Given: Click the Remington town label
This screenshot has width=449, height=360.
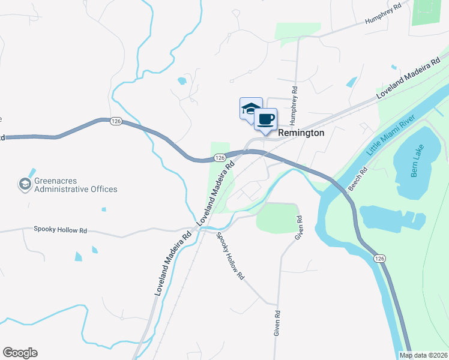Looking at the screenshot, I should [x=301, y=133].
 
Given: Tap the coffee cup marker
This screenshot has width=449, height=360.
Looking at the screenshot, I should [x=265, y=118].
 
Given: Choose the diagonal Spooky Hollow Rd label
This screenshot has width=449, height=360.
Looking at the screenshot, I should [x=231, y=257].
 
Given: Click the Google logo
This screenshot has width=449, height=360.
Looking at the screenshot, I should [x=20, y=353].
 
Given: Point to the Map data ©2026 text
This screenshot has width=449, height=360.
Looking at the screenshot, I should [x=424, y=355].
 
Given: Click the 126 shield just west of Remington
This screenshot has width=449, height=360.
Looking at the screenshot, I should [x=220, y=157].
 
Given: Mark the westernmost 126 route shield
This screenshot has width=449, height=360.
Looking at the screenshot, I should [x=116, y=121].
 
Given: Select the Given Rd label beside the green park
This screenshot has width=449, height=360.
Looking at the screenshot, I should [x=298, y=229].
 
